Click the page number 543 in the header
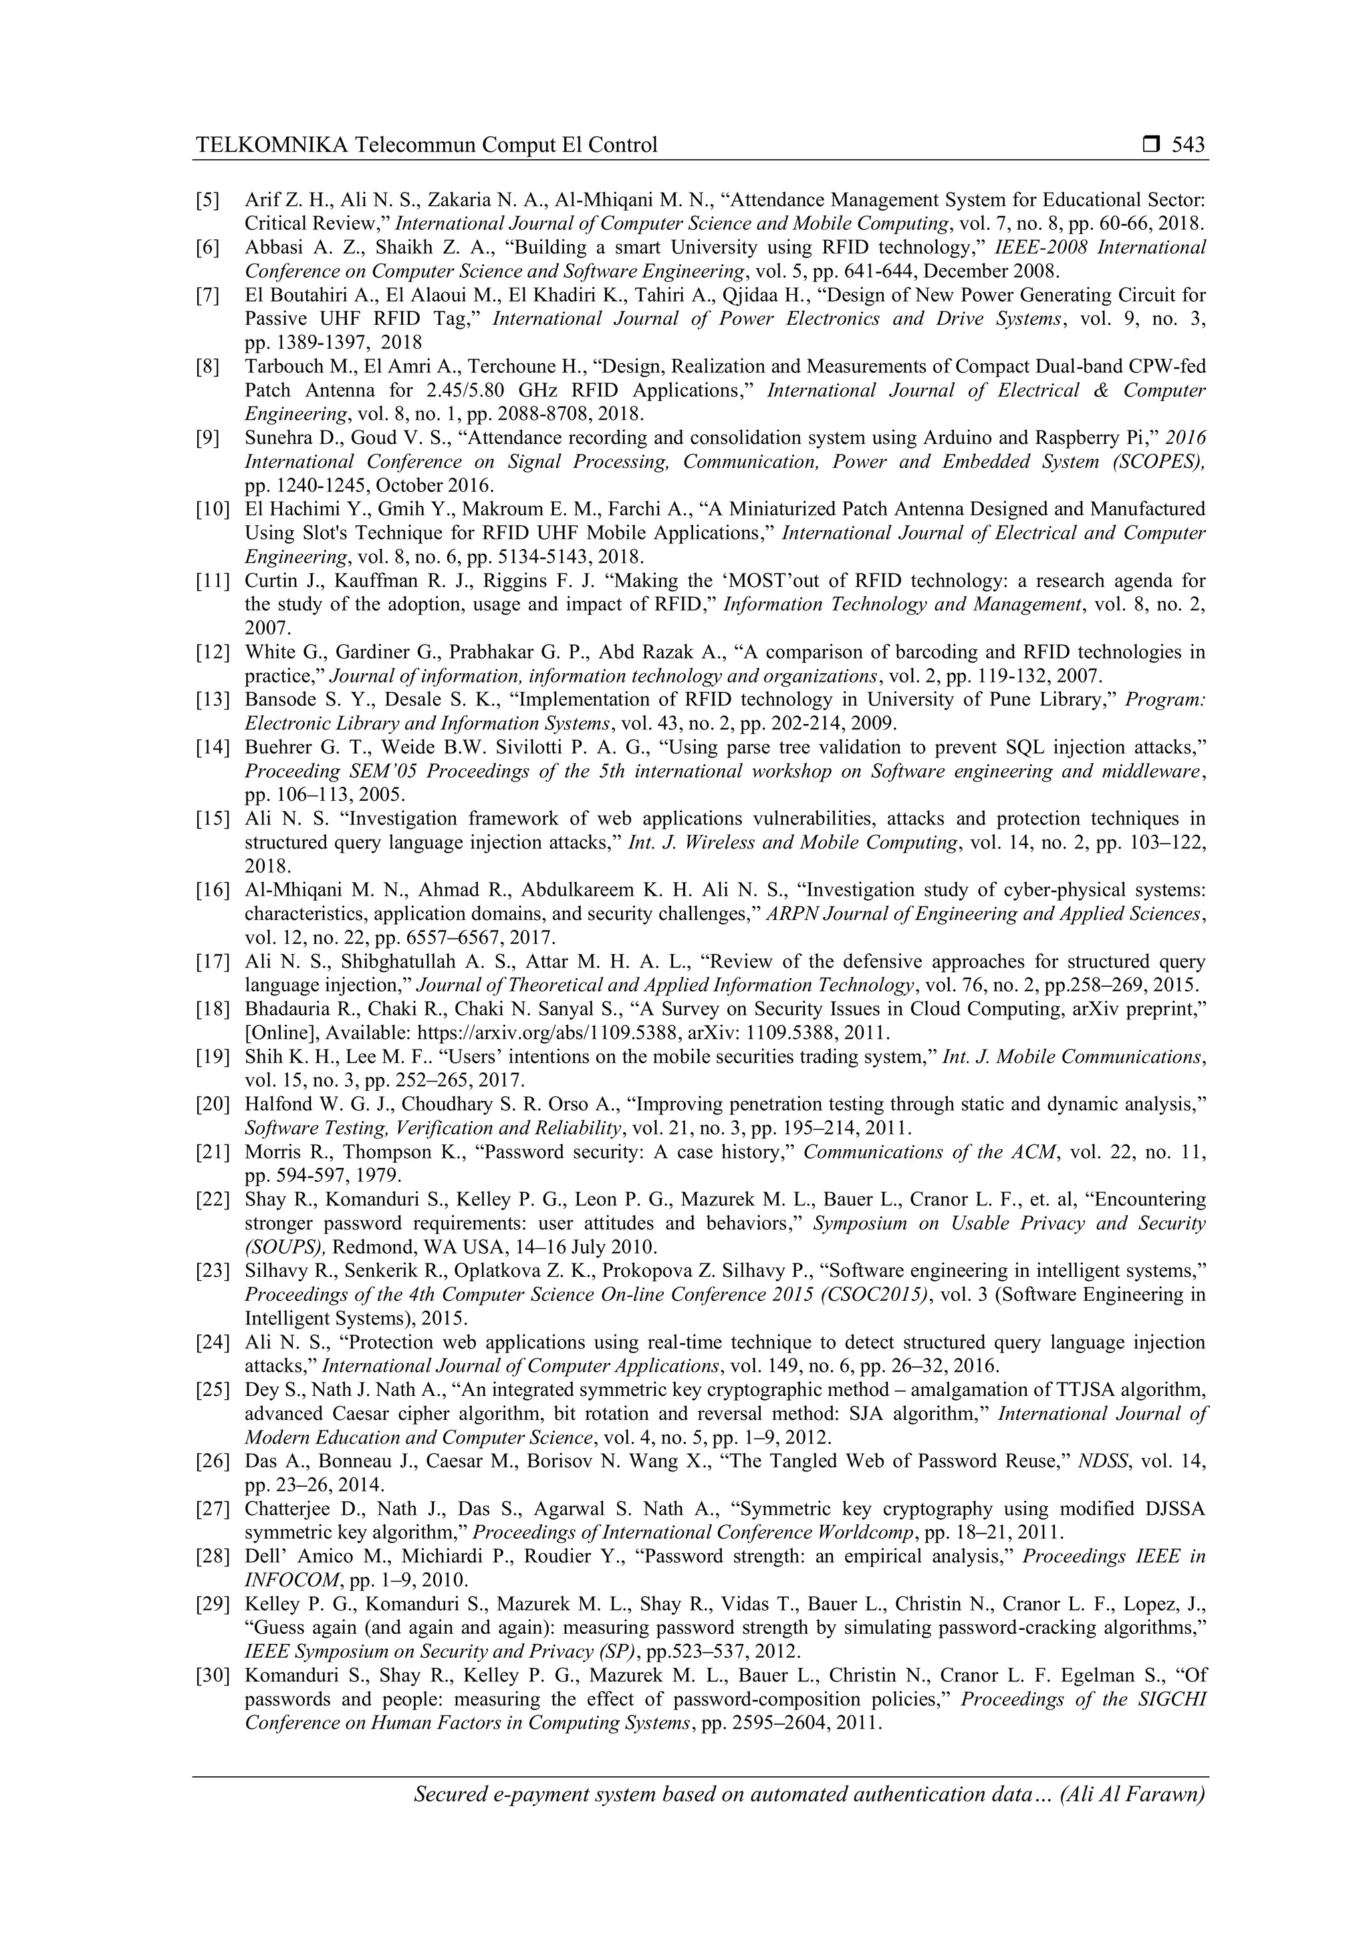(1189, 145)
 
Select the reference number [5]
(208, 200)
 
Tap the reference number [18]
(213, 1009)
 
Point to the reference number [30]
(213, 1675)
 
